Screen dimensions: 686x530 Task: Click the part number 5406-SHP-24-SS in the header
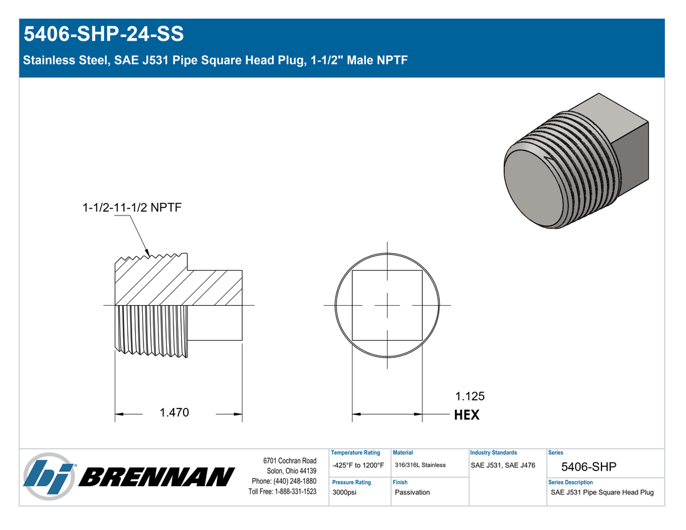tap(104, 34)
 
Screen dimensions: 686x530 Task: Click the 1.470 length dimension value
tap(174, 412)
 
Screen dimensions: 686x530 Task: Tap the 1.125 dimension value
tap(470, 396)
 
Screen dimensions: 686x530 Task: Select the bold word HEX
tap(467, 415)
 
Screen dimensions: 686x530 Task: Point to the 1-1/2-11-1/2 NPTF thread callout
tap(132, 207)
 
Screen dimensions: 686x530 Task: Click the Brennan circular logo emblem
tap(49, 476)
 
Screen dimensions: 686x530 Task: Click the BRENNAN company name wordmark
tap(157, 477)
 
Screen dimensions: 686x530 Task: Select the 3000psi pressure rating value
tap(345, 492)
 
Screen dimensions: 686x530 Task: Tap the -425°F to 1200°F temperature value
tap(358, 465)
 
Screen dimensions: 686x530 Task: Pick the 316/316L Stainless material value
tap(420, 465)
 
